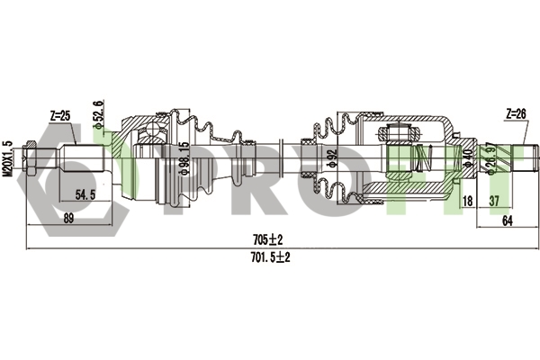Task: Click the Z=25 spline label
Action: (x=60, y=116)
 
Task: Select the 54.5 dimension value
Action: (x=86, y=194)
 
